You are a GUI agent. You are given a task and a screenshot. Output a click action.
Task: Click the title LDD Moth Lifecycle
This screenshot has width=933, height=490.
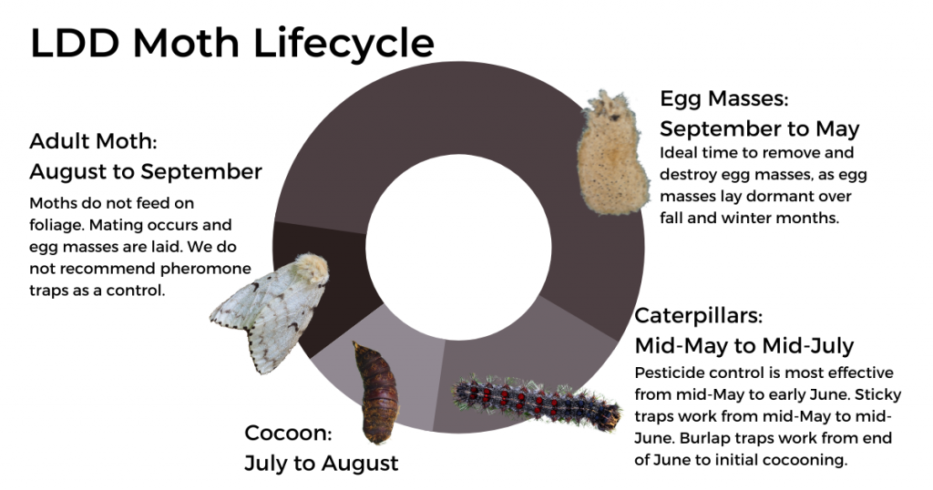tap(232, 44)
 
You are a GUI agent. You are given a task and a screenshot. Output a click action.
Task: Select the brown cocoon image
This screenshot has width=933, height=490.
tap(375, 392)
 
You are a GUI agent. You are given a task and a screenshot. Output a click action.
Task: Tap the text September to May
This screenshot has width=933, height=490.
tap(760, 128)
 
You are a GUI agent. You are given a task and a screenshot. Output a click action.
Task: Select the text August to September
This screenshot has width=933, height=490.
tap(146, 171)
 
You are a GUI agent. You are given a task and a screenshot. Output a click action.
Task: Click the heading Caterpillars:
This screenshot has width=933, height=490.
tap(698, 316)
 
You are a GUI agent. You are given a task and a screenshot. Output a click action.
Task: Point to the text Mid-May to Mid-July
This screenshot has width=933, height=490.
tap(743, 346)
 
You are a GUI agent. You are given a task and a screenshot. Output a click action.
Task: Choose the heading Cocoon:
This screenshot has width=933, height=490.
tap(288, 433)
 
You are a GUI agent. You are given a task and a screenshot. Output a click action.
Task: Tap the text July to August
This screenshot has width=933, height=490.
tap(321, 463)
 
